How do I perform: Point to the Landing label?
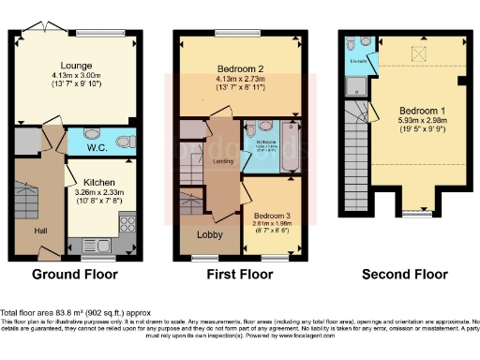222,160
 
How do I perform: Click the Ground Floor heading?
75,276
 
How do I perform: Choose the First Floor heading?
239,276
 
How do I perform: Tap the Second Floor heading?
405,276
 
